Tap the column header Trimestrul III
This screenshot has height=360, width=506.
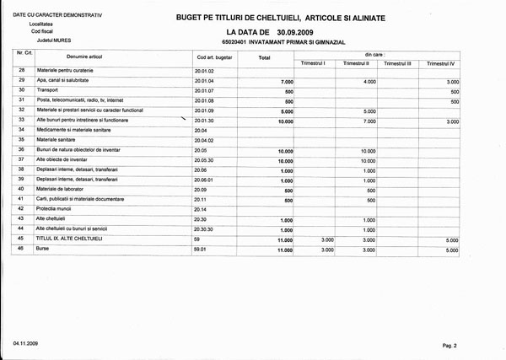tap(397, 63)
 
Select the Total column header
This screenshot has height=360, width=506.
tap(264, 58)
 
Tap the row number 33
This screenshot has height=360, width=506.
tap(20, 120)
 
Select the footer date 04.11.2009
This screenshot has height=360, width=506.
tap(25, 344)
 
